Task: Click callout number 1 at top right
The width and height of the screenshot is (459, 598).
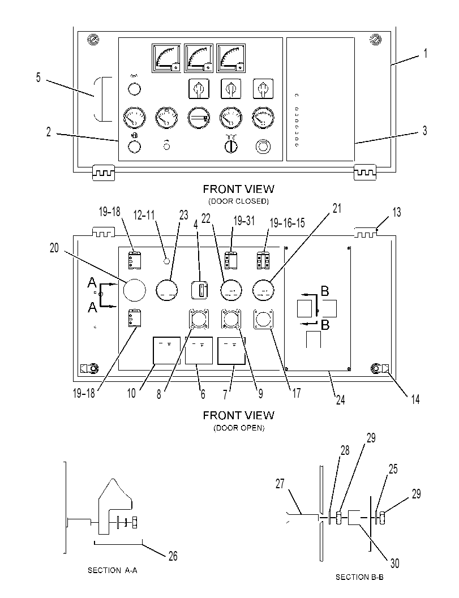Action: pos(425,53)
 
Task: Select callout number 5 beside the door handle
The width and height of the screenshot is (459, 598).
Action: pos(38,78)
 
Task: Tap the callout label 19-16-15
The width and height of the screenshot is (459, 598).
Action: pos(287,223)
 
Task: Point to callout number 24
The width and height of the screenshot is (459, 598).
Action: pos(340,399)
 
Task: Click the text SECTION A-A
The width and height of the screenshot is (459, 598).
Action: pos(113,570)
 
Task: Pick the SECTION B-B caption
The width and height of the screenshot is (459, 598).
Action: pos(359,578)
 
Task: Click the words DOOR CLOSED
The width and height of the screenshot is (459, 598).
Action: pos(238,201)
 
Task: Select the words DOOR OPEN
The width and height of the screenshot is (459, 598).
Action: pos(239,428)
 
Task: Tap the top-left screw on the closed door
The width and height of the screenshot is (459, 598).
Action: pos(93,40)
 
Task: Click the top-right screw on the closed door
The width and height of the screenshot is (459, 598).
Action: pos(375,39)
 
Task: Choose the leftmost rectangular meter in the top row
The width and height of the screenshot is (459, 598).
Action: pos(166,58)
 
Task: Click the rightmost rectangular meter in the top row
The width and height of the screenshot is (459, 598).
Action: pos(231,58)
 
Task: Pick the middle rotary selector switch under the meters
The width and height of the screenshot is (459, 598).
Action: pos(231,89)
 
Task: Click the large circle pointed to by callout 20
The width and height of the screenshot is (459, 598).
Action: pos(134,290)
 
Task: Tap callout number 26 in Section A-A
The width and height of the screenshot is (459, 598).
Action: pos(173,556)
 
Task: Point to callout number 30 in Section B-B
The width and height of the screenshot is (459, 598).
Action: pos(394,563)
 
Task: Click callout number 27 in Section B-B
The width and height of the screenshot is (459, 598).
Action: pos(280,484)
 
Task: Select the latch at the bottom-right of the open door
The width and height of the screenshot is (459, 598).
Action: pos(380,368)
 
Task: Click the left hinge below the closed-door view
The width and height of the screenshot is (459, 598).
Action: pos(104,173)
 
